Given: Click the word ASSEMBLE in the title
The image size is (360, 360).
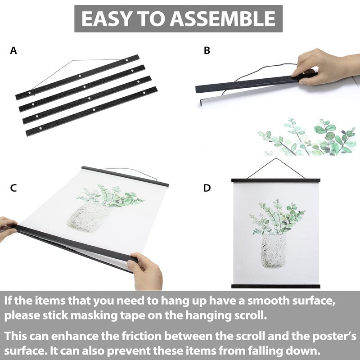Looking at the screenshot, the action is click(x=222, y=18).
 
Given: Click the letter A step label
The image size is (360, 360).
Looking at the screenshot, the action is click(x=13, y=50).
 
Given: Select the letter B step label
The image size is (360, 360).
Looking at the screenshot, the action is click(x=207, y=50).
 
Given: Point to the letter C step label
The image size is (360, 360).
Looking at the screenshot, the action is click(x=13, y=188).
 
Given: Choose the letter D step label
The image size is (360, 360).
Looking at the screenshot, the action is click(x=207, y=188).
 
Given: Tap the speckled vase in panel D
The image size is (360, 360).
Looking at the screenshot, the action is click(x=274, y=251).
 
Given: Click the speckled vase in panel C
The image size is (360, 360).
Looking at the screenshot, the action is click(x=88, y=217).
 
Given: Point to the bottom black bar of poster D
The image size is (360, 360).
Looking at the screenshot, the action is click(x=275, y=286).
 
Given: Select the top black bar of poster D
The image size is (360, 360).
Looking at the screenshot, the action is click(x=276, y=180).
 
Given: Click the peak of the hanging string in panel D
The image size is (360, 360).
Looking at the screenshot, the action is click(x=276, y=159).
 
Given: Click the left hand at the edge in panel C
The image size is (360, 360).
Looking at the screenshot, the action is click(x=7, y=229).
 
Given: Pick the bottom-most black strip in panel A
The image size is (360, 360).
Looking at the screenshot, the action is click(x=92, y=111).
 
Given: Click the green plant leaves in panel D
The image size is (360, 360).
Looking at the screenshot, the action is click(x=277, y=217).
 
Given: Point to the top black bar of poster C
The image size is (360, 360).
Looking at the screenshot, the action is click(x=125, y=176).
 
